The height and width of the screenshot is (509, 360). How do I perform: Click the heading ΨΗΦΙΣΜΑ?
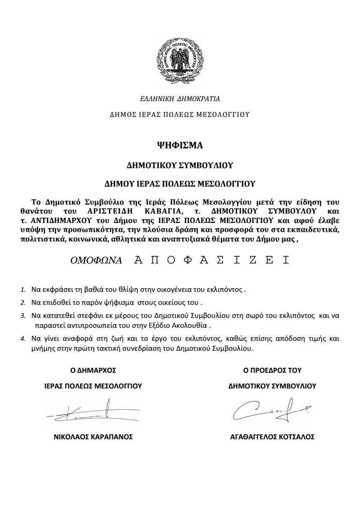[180, 146]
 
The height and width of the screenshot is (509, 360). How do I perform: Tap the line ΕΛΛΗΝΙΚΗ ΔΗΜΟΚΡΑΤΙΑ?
[180, 98]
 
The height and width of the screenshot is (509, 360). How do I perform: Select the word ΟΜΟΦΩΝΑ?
[95, 260]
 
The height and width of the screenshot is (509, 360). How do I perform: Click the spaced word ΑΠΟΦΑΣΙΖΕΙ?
[211, 260]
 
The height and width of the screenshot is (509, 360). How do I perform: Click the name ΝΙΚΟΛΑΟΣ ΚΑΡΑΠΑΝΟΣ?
[93, 437]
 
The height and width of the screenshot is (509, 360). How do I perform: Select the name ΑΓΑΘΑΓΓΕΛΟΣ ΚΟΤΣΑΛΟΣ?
[272, 437]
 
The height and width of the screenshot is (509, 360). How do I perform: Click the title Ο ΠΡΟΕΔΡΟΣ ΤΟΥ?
[272, 371]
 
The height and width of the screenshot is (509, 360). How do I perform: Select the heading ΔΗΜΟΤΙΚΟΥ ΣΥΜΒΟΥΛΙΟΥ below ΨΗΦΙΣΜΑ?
[180, 165]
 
